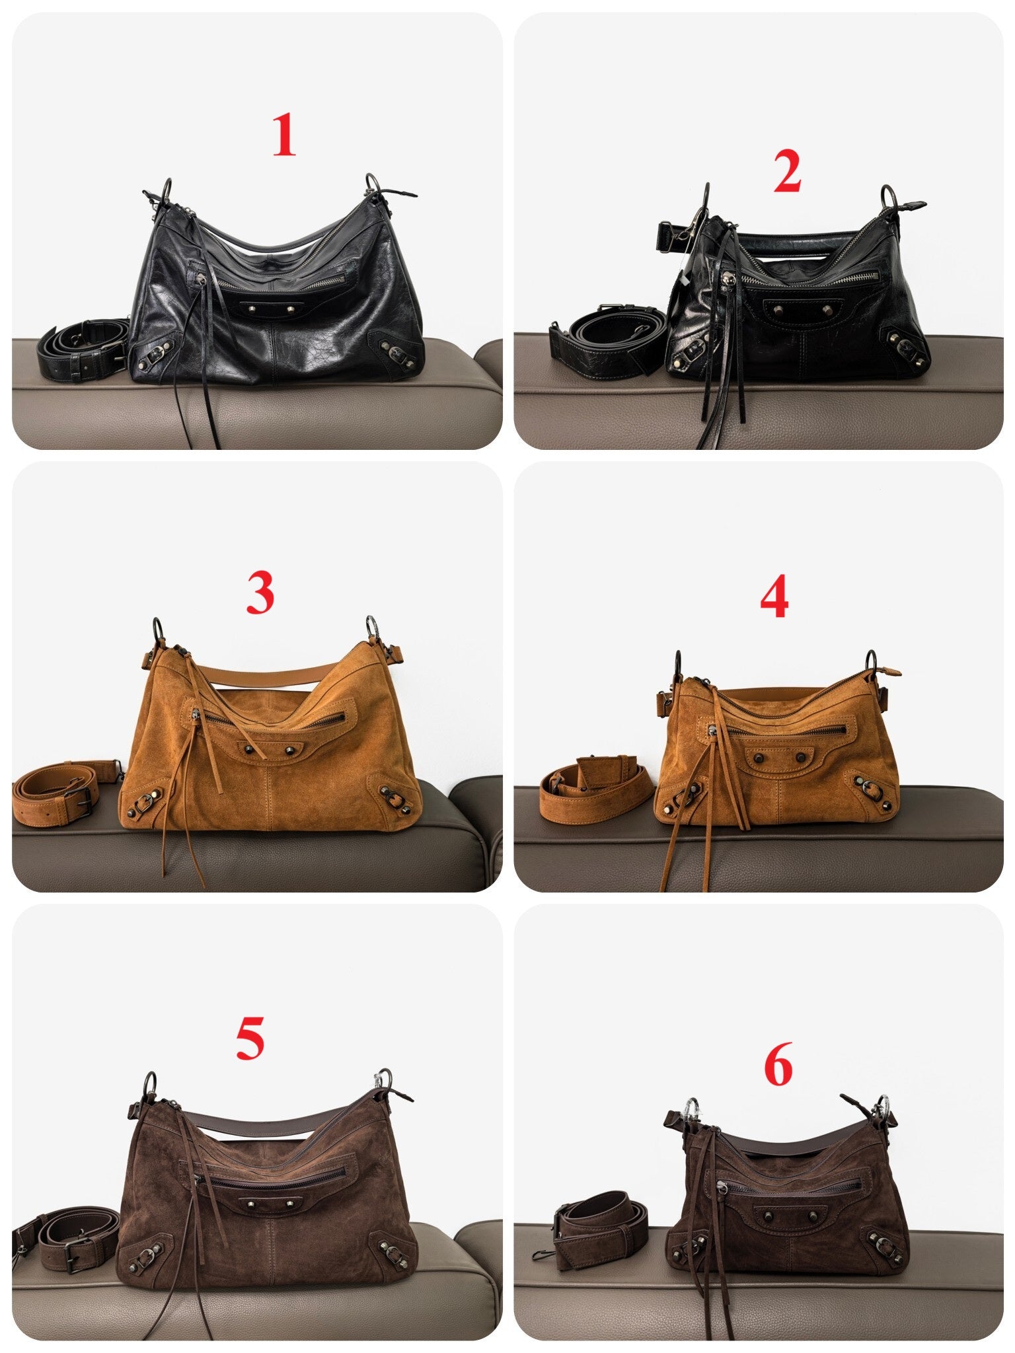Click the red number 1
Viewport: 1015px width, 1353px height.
point(284,135)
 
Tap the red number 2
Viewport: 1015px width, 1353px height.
point(788,171)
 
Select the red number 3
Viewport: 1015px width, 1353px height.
point(260,592)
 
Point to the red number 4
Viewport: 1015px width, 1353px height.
point(774,597)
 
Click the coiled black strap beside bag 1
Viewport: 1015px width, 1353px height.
point(82,349)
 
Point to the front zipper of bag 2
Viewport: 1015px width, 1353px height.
point(809,277)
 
